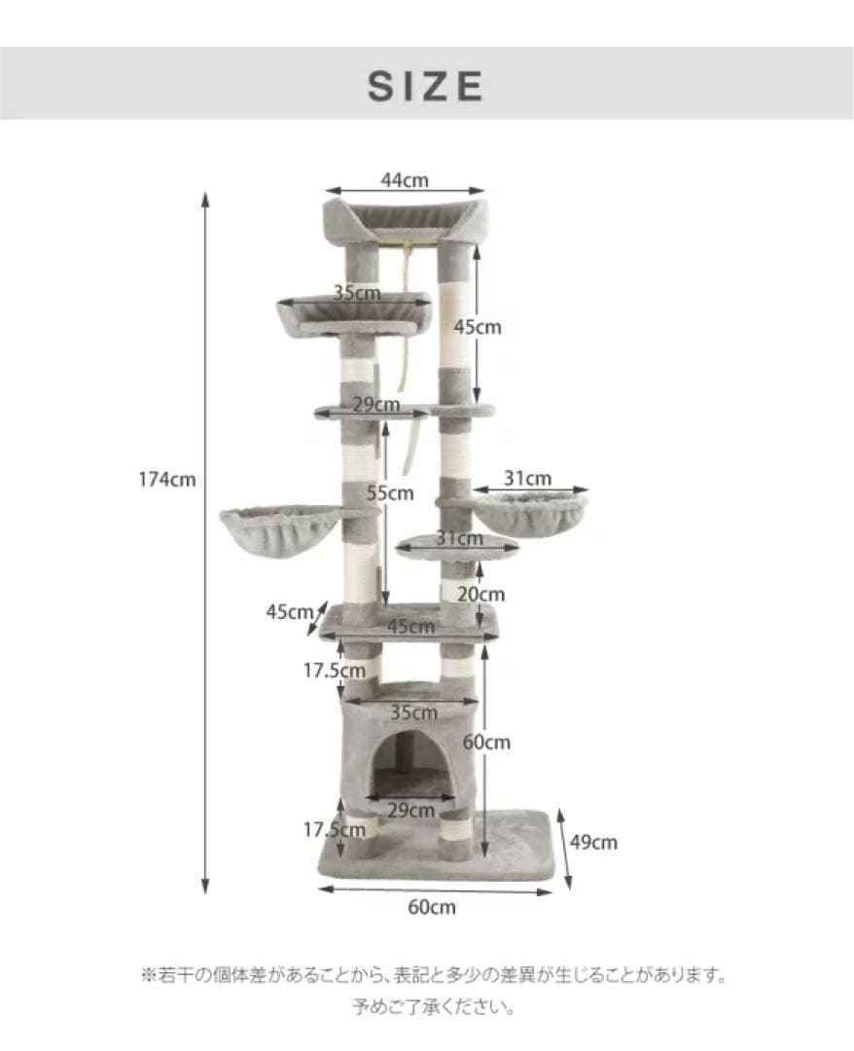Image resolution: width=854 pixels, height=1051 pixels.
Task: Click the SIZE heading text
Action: (x=425, y=86)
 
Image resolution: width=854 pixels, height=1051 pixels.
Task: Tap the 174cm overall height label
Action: (x=166, y=480)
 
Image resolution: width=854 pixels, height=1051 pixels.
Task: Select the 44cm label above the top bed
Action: (x=405, y=180)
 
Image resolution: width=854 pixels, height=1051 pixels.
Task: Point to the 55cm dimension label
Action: (x=390, y=493)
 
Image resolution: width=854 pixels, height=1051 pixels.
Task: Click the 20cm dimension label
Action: (x=480, y=594)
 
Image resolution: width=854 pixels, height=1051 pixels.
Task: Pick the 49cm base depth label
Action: (x=593, y=842)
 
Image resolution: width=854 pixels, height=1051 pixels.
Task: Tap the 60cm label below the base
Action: (x=432, y=907)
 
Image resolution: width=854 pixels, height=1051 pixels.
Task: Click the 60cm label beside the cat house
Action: (x=486, y=742)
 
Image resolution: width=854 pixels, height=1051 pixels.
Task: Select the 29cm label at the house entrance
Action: (x=410, y=811)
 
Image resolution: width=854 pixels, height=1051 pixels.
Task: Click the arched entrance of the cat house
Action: (x=410, y=764)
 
